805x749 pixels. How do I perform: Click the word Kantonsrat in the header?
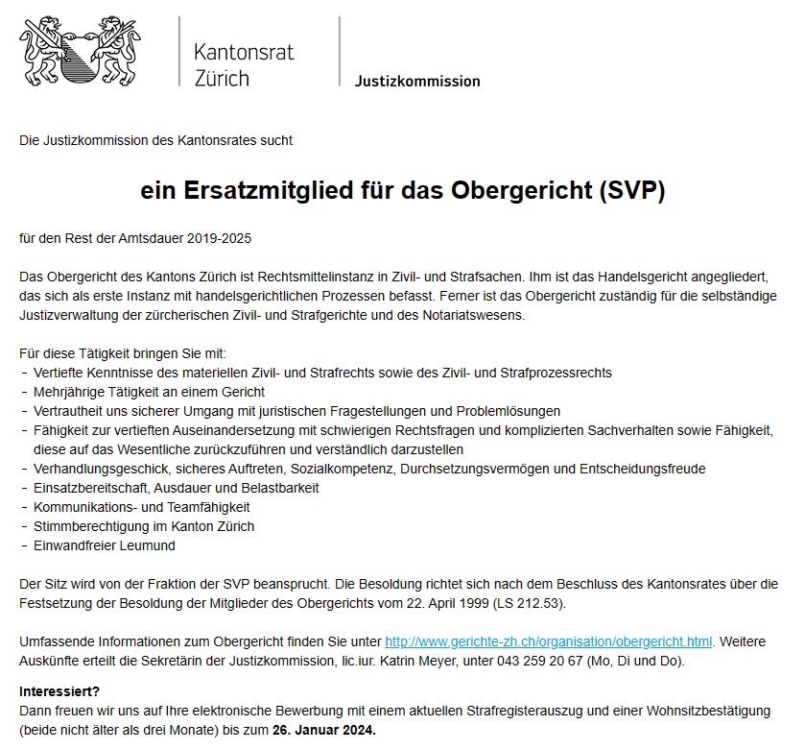tap(243, 52)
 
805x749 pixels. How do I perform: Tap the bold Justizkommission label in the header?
tap(417, 82)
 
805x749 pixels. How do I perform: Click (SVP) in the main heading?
tap(631, 191)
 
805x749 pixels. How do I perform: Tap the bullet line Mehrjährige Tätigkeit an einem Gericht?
tap(149, 392)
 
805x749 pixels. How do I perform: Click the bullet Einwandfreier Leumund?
tap(105, 545)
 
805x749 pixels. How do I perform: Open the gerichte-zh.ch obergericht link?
tap(548, 641)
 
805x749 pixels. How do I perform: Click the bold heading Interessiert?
tap(59, 691)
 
